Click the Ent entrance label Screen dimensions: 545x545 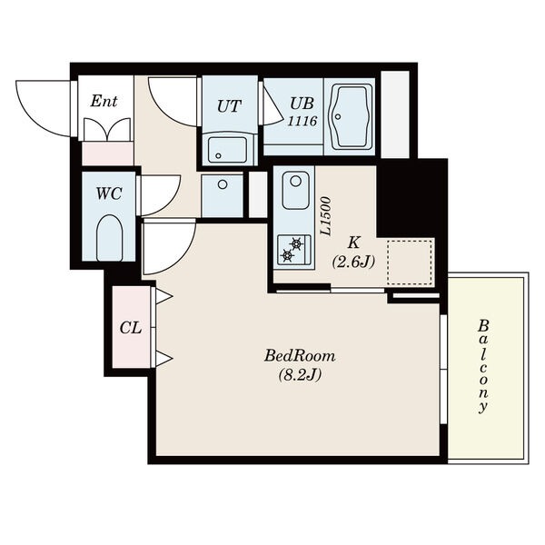point(104,101)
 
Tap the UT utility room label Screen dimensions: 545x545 point(229,106)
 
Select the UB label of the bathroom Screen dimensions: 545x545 point(302,104)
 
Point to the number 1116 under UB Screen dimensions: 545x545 point(302,121)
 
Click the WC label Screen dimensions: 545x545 point(109,193)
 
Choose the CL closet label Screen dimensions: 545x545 point(131,328)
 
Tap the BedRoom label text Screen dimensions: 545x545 point(300,356)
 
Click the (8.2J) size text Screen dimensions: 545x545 point(300,374)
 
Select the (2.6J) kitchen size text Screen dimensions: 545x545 point(353,262)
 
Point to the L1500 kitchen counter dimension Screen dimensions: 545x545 point(325,216)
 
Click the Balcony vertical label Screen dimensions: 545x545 point(483,366)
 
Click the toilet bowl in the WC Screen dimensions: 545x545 point(109,237)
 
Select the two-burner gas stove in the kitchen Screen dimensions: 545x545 point(294,250)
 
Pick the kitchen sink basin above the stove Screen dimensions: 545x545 point(295,190)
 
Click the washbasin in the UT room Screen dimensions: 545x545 point(228,150)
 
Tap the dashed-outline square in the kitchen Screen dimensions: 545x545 point(410,263)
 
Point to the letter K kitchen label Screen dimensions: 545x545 point(353,243)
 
